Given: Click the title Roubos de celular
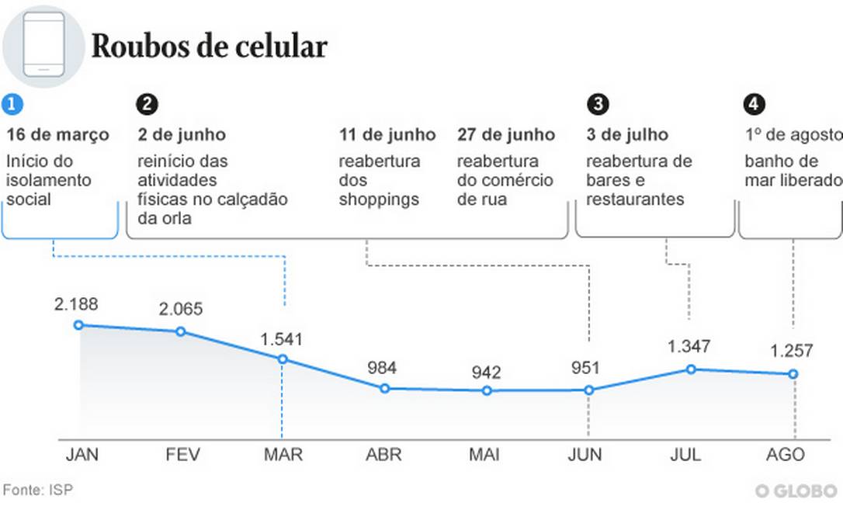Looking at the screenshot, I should [x=209, y=47].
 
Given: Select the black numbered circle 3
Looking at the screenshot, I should [x=598, y=104].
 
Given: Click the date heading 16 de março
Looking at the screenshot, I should [x=58, y=135].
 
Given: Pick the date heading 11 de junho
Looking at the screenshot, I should [x=387, y=135].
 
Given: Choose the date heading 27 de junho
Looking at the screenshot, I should [x=506, y=135].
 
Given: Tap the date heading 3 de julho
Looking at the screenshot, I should [x=627, y=135].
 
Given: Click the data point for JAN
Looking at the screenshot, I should [x=78, y=325].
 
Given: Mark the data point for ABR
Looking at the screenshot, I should [x=384, y=388].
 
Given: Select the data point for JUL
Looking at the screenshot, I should [x=690, y=369].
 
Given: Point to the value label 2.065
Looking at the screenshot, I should [x=181, y=310].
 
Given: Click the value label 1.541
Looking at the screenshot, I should [x=282, y=339].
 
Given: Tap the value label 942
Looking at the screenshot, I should [x=486, y=373].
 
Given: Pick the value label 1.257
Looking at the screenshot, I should [x=792, y=352].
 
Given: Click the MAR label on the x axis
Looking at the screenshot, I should [x=282, y=455].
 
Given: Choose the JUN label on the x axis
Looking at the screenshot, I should [x=585, y=455].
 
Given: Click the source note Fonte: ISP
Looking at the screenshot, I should [x=38, y=490].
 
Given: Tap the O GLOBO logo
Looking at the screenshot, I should [x=796, y=491].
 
